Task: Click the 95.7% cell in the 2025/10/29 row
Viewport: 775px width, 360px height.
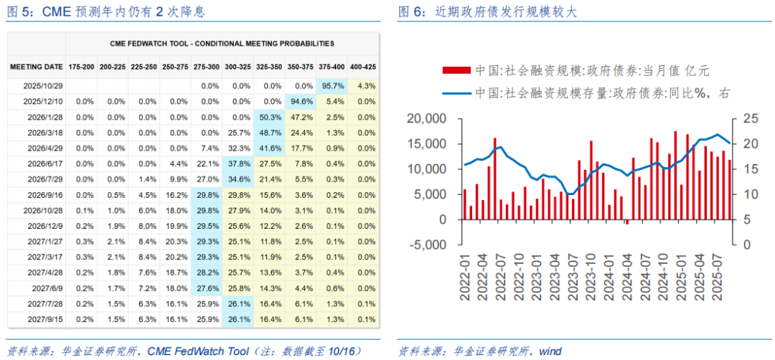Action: (x=332, y=85)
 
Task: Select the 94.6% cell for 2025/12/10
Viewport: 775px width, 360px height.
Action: (x=301, y=101)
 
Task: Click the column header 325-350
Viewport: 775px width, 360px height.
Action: (x=270, y=67)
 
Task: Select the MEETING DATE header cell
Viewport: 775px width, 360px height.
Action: (x=36, y=67)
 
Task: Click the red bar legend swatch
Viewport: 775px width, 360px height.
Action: (x=456, y=70)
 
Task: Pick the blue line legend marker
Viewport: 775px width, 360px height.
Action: (x=456, y=93)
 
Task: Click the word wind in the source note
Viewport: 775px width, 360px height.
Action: (x=550, y=351)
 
